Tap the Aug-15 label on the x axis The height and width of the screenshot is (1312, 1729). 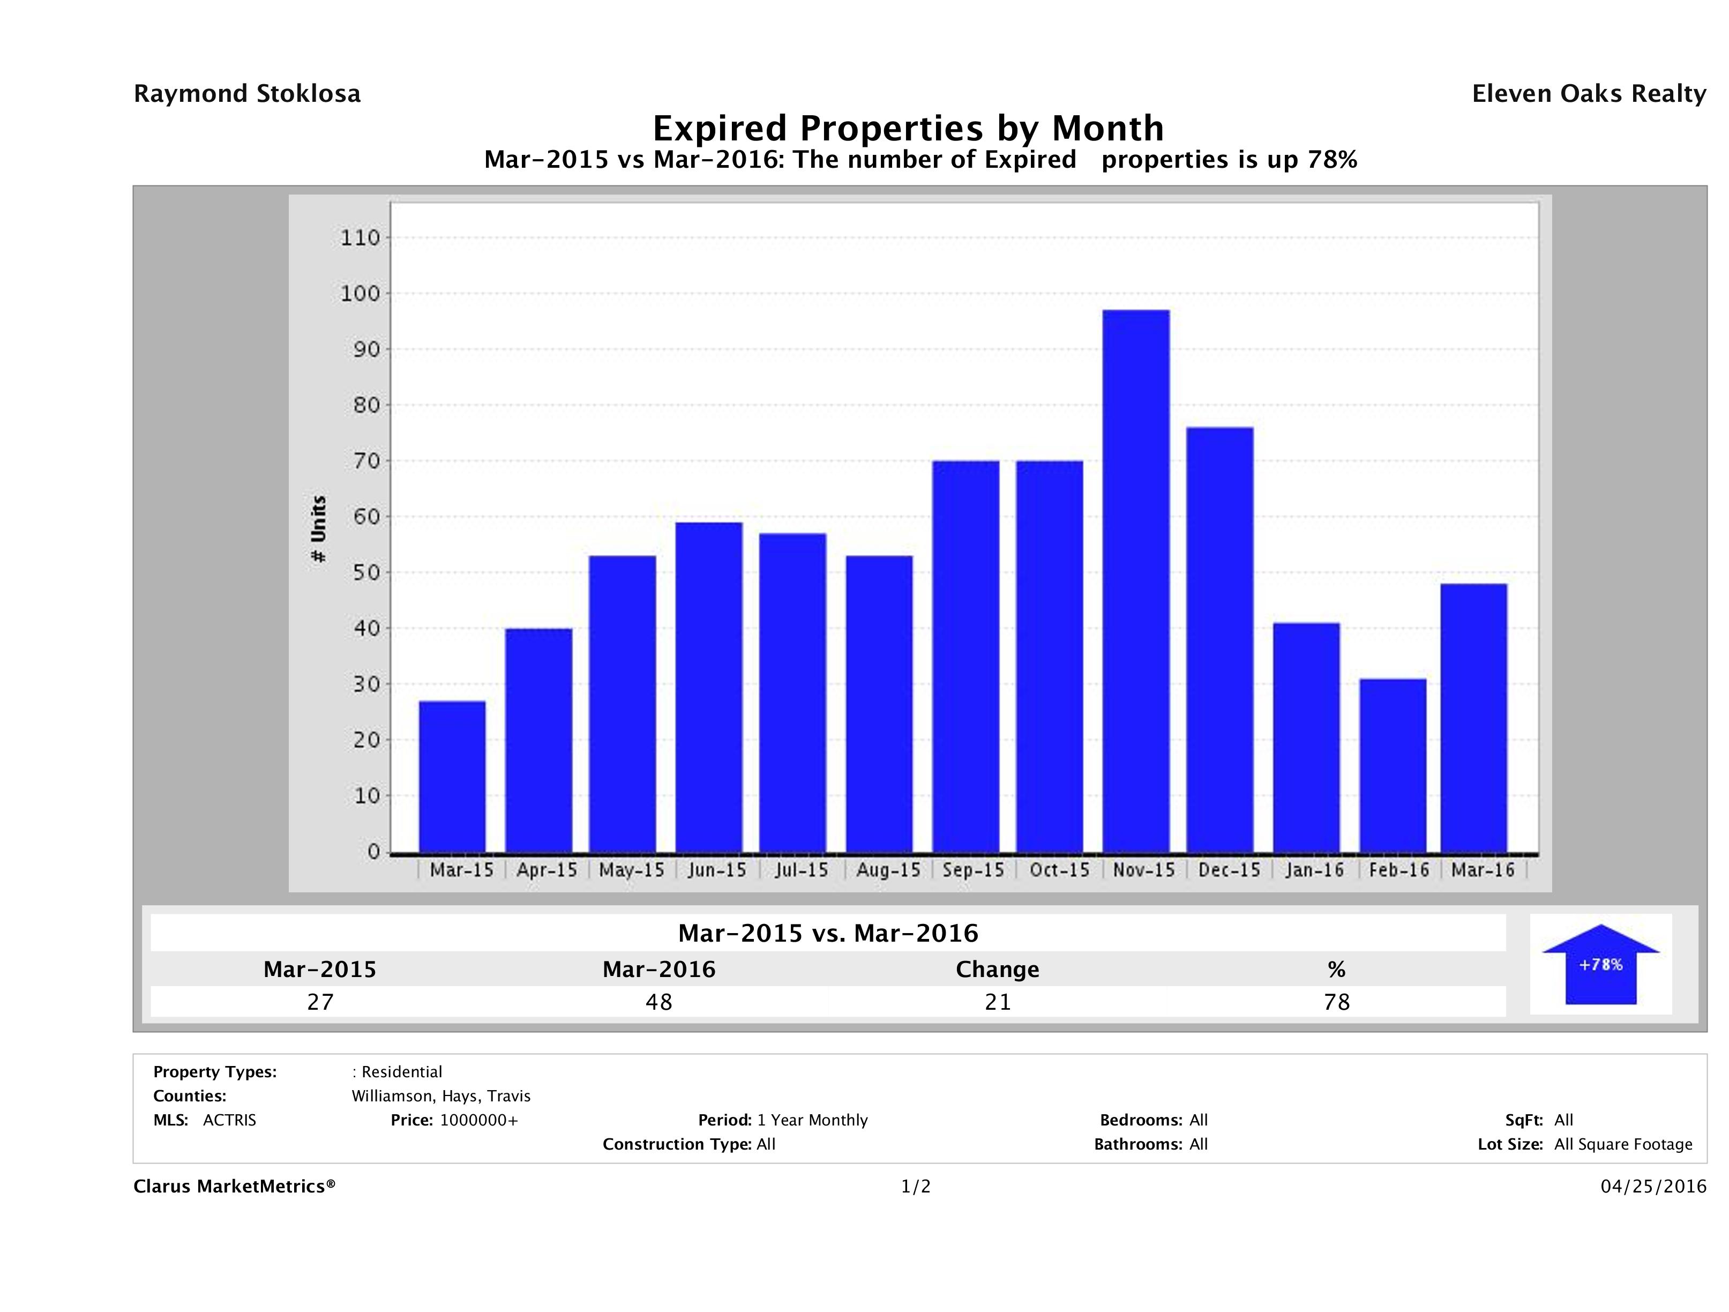pyautogui.click(x=888, y=870)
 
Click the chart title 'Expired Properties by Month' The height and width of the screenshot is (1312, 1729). pyautogui.click(x=908, y=128)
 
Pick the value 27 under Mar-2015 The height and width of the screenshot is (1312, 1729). pyautogui.click(x=320, y=1002)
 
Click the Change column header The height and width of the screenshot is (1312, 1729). pyautogui.click(x=998, y=970)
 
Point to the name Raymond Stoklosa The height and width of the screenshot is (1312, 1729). pyautogui.click(x=247, y=94)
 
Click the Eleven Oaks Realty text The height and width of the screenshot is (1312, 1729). pyautogui.click(x=1588, y=94)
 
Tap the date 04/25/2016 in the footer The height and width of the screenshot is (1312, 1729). pyautogui.click(x=1653, y=1187)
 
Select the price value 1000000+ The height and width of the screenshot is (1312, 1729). pyautogui.click(x=478, y=1121)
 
